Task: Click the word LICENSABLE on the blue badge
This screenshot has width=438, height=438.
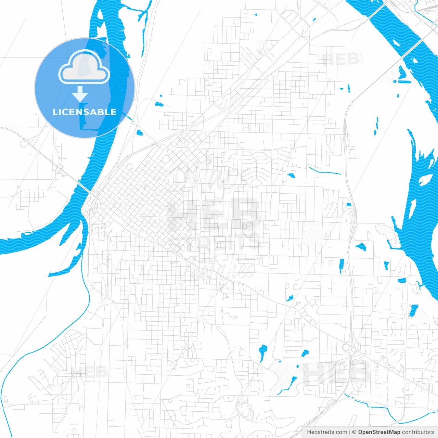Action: click(85, 112)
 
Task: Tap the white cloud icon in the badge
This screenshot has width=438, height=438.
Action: click(84, 67)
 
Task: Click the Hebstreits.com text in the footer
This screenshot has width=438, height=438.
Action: click(327, 432)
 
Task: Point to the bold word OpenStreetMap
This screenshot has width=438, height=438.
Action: click(379, 432)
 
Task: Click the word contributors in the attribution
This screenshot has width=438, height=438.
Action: click(418, 432)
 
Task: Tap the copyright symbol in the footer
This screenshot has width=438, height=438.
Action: click(354, 432)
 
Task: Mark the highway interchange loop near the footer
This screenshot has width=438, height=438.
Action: click(346, 348)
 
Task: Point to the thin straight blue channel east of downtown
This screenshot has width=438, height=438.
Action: click(325, 171)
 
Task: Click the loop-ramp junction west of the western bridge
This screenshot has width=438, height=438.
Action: click(61, 168)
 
